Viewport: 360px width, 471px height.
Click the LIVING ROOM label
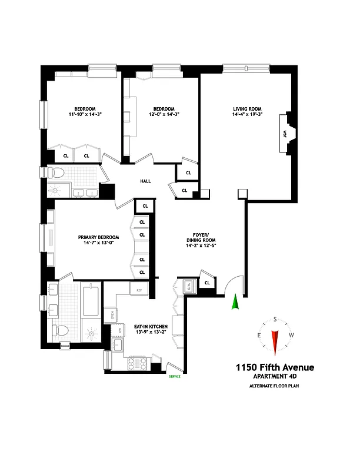tap(247, 108)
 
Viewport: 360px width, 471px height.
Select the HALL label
tap(146, 181)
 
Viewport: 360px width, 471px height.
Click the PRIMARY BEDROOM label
tap(98, 237)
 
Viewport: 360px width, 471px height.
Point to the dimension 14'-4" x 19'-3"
tap(247, 115)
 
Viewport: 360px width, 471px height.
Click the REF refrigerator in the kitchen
tap(139, 290)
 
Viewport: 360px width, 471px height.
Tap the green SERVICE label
tap(174, 376)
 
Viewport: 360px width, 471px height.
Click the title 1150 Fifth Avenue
tap(274, 367)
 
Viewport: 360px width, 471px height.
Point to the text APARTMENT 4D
tap(274, 377)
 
